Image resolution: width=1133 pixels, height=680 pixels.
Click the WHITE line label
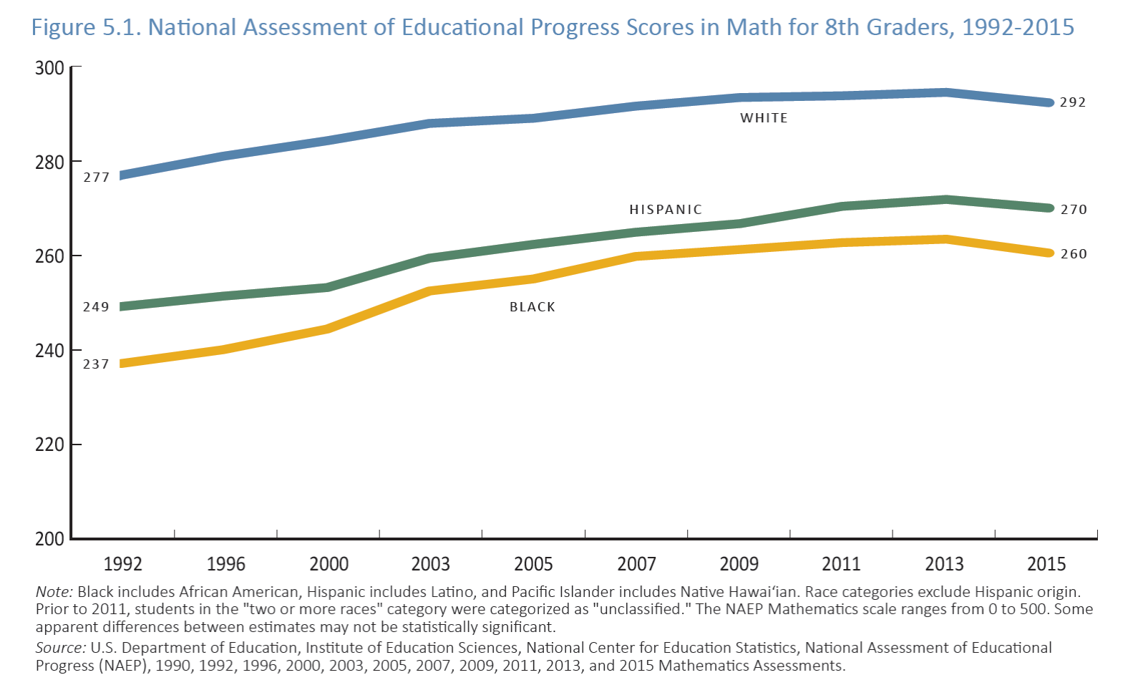pos(764,118)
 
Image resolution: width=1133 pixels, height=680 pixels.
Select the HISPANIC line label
pos(666,210)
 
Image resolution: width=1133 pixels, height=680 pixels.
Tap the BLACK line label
pos(533,307)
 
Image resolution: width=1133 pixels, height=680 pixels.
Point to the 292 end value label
pos(1073,102)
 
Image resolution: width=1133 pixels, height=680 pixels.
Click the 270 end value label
pos(1074,210)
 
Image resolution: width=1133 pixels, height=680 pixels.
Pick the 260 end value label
pos(1074,254)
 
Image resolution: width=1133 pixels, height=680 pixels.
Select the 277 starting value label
pos(97,178)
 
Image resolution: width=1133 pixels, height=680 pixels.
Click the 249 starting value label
pos(96,307)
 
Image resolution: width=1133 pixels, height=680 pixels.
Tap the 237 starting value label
pos(96,364)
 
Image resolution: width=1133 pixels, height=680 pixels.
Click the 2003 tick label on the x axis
pos(431,564)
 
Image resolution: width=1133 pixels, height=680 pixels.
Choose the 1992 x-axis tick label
pos(122,564)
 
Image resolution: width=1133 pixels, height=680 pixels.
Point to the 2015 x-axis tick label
pos(1046,564)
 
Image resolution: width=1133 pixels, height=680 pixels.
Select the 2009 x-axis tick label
pos(739,564)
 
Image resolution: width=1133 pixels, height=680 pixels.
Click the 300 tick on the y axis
pos(49,68)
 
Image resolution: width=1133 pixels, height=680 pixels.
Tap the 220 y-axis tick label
pos(49,445)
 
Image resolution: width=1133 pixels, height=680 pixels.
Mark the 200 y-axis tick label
pos(49,539)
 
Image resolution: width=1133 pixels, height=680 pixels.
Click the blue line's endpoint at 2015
pos(1049,103)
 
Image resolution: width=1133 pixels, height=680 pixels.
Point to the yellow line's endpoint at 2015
pos(1049,253)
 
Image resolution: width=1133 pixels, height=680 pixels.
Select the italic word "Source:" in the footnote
pos(61,648)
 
